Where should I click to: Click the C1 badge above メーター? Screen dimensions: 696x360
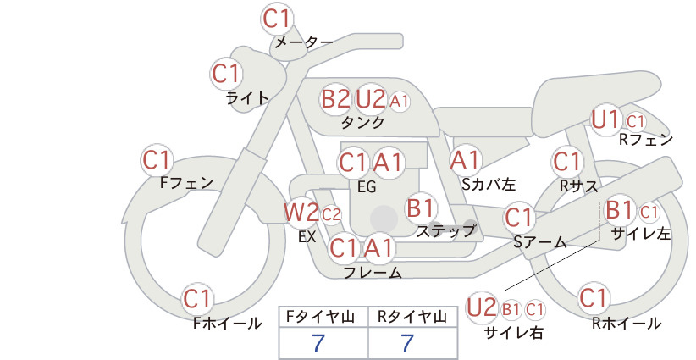(x=277, y=19)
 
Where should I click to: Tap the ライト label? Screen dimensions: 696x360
(x=247, y=98)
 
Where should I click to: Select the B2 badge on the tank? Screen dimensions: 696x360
(x=335, y=99)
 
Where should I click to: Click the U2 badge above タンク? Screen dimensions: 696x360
(x=370, y=99)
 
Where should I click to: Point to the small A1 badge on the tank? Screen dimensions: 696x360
(x=399, y=102)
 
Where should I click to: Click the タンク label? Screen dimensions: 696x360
(x=362, y=123)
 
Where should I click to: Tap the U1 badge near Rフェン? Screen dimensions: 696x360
(x=606, y=119)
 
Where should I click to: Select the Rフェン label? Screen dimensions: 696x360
(x=646, y=141)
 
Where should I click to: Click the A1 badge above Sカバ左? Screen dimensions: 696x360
(x=465, y=160)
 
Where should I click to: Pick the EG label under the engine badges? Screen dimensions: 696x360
(x=367, y=187)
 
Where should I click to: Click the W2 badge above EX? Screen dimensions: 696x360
(x=301, y=213)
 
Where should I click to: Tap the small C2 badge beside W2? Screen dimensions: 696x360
(x=331, y=215)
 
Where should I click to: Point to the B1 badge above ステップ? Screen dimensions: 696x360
(x=421, y=208)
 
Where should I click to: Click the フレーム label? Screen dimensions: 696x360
(x=373, y=272)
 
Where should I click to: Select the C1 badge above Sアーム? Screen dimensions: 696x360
(x=518, y=218)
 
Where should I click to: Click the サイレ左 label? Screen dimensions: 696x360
(x=641, y=234)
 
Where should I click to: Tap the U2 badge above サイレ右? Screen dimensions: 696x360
(x=482, y=307)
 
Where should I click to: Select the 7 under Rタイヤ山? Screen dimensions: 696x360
(x=407, y=343)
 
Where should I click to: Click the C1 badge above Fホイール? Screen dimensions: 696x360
(x=197, y=299)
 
